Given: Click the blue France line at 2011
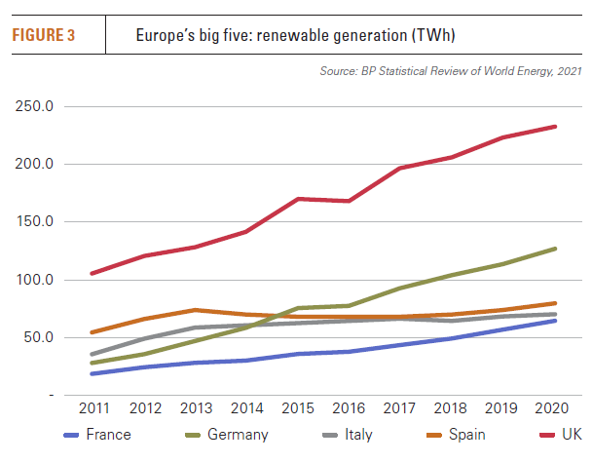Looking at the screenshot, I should click(91, 373).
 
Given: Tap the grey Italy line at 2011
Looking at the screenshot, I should click(91, 355).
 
